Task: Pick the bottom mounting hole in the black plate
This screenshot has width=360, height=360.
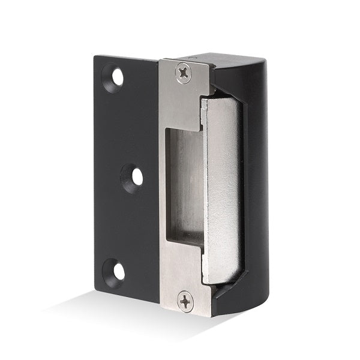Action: click(117, 271)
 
